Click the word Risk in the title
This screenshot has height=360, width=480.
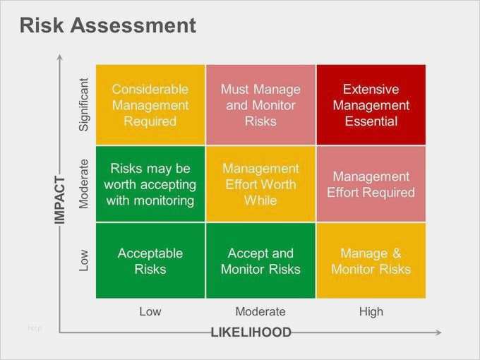(42, 25)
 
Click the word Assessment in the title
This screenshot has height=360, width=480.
(133, 25)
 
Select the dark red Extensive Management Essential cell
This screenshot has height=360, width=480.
(371, 104)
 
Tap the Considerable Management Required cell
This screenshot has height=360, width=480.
(150, 104)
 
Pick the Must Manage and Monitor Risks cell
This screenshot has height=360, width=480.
(260, 104)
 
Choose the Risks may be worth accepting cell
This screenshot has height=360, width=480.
(150, 184)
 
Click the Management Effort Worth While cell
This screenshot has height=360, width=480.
(260, 184)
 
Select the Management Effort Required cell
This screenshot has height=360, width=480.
(371, 184)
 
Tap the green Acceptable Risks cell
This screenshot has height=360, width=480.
(150, 260)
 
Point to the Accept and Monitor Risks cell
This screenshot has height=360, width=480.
(260, 260)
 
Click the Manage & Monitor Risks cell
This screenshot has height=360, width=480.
(371, 260)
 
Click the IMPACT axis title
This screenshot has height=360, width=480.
(60, 200)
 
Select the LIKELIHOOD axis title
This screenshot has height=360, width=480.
(251, 332)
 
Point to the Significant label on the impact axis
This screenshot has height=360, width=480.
(83, 104)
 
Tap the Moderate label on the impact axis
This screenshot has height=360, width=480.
(83, 184)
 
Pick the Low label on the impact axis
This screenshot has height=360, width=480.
(83, 260)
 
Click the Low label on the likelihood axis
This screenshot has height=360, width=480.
(150, 311)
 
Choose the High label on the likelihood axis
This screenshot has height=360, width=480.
(371, 311)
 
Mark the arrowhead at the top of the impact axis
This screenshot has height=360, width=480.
(60, 57)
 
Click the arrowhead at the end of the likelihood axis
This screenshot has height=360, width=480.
(438, 332)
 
